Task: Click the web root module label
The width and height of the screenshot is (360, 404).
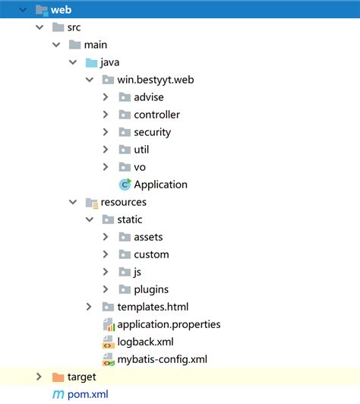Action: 61,11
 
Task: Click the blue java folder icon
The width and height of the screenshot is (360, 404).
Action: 92,62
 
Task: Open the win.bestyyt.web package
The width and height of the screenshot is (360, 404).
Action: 155,80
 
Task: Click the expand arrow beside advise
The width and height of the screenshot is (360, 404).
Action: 106,97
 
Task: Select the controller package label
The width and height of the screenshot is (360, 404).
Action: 156,115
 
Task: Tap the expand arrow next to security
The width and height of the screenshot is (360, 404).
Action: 106,132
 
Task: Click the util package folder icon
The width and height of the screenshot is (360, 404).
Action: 125,150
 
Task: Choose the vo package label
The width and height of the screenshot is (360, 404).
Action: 140,167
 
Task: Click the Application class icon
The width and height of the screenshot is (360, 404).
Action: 125,185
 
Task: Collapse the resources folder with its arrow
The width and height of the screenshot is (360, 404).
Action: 73,202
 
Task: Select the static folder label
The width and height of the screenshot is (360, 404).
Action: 129,219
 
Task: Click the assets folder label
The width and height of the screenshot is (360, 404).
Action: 148,237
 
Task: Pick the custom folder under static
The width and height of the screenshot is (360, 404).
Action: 151,254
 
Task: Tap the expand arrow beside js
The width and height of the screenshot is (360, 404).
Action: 106,272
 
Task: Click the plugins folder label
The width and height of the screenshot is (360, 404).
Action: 151,289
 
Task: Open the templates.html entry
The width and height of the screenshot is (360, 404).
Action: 152,307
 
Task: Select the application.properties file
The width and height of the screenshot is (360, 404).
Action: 169,324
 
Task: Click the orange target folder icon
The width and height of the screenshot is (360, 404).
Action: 58,377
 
